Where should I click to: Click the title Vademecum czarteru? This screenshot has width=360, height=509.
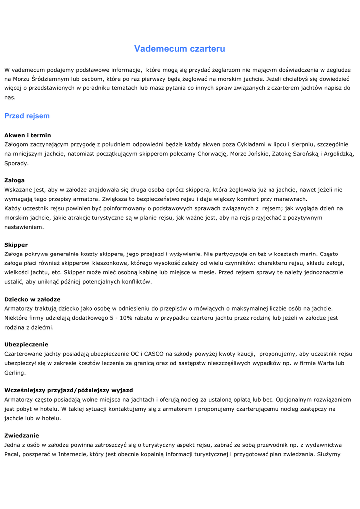pyautogui.click(x=180, y=49)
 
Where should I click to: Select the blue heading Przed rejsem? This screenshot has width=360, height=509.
pyautogui.click(x=27, y=116)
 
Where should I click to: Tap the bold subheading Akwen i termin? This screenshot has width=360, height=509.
pyautogui.click(x=28, y=135)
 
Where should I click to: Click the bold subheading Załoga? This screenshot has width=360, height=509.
pyautogui.click(x=14, y=180)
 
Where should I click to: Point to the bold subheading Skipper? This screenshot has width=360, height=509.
pyautogui.click(x=16, y=245)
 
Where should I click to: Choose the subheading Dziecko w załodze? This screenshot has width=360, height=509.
pyautogui.click(x=32, y=299)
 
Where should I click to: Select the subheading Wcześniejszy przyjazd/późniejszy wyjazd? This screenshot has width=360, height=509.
pyautogui.click(x=69, y=390)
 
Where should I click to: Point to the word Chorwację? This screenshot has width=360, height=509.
pyautogui.click(x=210, y=154)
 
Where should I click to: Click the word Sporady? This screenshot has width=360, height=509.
pyautogui.click(x=17, y=163)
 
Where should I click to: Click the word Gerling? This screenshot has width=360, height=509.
pyautogui.click(x=15, y=373)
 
